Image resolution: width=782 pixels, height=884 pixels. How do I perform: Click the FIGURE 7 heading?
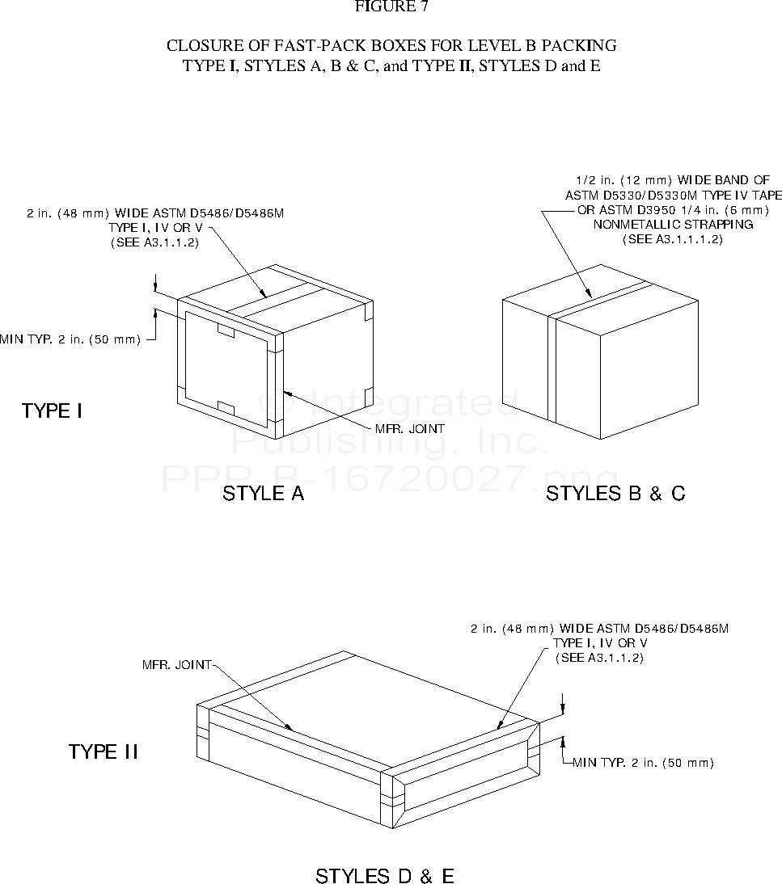point(391,6)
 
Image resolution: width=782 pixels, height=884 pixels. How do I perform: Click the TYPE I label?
point(52,410)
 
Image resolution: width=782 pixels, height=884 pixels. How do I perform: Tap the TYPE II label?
point(104,751)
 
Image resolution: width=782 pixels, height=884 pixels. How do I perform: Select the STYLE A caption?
point(263,493)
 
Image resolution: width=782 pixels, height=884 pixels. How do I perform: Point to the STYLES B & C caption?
point(615,493)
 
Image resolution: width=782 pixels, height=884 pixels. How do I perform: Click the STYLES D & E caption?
point(385,876)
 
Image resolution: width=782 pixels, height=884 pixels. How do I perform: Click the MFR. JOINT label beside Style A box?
point(410,428)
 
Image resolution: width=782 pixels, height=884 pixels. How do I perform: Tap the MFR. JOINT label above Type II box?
point(176,665)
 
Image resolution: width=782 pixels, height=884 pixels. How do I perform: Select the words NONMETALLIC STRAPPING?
point(673,225)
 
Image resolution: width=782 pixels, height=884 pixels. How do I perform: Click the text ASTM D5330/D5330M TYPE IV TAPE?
point(674,195)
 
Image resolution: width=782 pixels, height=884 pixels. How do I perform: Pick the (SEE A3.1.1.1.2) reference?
point(673,239)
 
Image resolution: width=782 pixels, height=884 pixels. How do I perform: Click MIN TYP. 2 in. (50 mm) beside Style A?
point(70,339)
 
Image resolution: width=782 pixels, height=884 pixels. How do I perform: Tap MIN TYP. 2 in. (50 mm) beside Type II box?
point(643,763)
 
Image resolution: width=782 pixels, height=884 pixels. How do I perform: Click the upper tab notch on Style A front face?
point(226,330)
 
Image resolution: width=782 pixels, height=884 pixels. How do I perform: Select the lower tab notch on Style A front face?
point(226,407)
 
